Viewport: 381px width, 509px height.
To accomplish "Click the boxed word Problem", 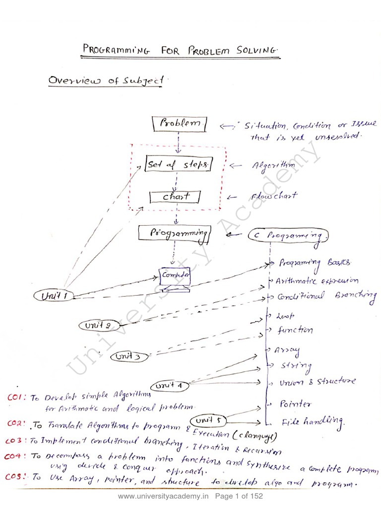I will tap(180, 124).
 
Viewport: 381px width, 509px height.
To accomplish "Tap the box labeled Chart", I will tap(175, 197).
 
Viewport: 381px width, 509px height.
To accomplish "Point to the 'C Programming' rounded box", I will tap(288, 235).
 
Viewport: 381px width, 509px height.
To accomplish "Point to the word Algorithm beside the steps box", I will tap(273, 165).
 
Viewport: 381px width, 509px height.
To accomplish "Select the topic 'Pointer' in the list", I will tap(296, 404).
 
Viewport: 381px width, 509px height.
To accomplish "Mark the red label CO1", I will tap(17, 397).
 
